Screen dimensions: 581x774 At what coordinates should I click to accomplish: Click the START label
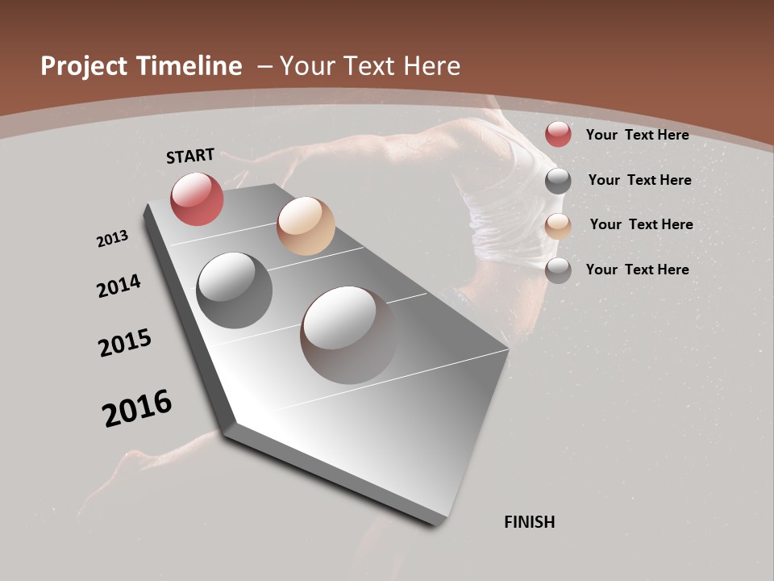[190, 155]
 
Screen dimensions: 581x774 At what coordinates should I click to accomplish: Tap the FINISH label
[529, 522]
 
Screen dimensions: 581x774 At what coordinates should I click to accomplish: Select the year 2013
[112, 239]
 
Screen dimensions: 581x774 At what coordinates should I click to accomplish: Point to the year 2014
[119, 286]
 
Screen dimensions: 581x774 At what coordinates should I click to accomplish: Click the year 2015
[125, 342]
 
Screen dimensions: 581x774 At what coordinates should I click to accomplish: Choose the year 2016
[137, 408]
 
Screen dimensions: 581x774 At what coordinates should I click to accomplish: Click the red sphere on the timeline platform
[197, 199]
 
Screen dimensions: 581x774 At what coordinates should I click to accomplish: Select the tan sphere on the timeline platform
[306, 226]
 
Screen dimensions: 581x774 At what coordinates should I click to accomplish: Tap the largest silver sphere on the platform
[349, 334]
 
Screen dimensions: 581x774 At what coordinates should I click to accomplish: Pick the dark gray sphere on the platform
[234, 290]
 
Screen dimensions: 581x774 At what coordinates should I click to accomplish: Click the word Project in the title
[85, 66]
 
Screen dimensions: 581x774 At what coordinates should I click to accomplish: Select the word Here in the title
[433, 66]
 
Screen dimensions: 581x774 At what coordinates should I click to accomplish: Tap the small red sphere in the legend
[558, 134]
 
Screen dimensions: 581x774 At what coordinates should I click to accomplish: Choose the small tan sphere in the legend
[558, 226]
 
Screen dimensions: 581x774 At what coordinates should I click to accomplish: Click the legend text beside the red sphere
[637, 135]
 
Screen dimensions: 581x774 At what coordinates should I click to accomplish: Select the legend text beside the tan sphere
[641, 224]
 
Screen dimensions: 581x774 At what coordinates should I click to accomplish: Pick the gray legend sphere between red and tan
[558, 181]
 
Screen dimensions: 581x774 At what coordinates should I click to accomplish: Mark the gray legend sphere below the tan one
[558, 270]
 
